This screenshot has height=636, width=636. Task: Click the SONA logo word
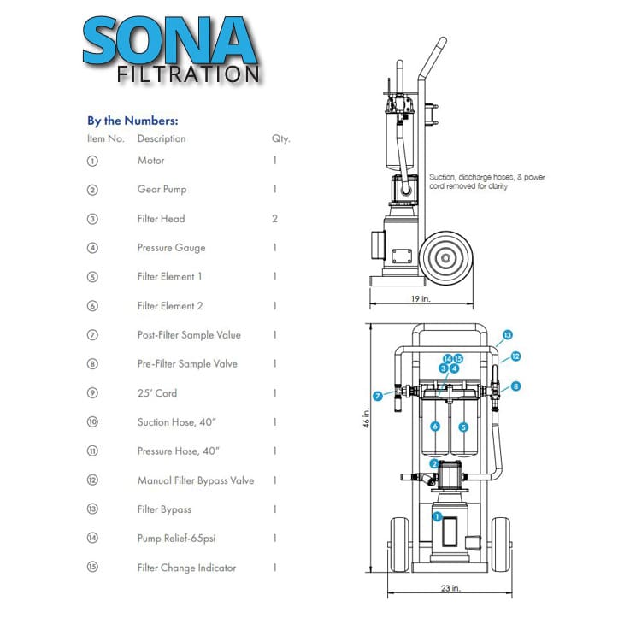coord(170,40)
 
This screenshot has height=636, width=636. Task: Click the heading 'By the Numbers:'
coord(132,121)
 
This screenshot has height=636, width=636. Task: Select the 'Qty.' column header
coord(280,138)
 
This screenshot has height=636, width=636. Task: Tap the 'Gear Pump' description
coord(162,190)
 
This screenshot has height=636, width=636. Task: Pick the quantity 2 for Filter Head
coord(274,219)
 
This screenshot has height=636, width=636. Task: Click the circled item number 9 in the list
coord(92,393)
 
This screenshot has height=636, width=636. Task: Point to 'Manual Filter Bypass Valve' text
coord(196,480)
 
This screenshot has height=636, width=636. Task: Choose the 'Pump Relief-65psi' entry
coord(176,539)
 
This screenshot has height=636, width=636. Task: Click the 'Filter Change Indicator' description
coord(186,568)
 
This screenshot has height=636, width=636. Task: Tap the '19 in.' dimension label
coord(421,299)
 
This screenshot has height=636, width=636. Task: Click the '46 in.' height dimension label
coord(366,418)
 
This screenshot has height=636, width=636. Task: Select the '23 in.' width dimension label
coord(450,588)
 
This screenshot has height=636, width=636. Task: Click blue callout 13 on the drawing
coord(508,335)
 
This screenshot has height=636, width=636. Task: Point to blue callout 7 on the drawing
coord(378,396)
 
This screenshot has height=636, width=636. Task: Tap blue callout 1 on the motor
coord(437,516)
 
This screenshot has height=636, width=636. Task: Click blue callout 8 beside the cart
coord(515,386)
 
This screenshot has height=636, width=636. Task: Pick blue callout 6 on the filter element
coord(435,427)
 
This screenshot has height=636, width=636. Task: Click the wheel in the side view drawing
coord(445,258)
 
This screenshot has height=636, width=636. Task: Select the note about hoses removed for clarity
coord(486,182)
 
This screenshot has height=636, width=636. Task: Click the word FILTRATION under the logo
coord(188,74)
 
